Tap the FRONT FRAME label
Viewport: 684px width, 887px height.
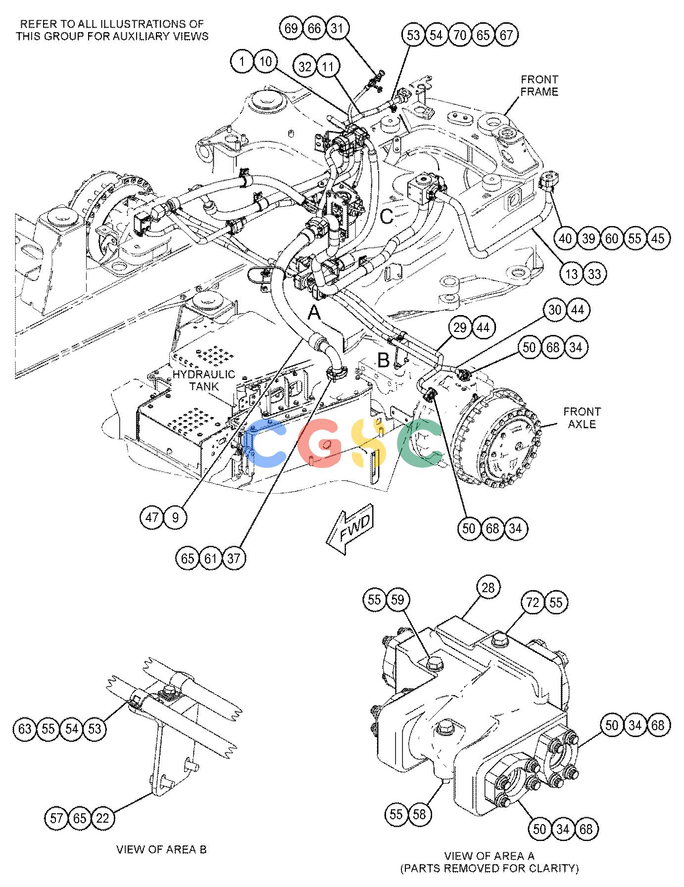pyautogui.click(x=539, y=86)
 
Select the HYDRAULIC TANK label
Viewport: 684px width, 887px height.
pyautogui.click(x=203, y=380)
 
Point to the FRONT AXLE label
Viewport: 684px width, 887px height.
pyautogui.click(x=582, y=418)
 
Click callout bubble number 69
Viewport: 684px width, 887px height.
pyautogui.click(x=292, y=28)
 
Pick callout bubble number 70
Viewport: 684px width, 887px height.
pyautogui.click(x=460, y=35)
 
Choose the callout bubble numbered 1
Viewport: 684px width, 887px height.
pyautogui.click(x=242, y=62)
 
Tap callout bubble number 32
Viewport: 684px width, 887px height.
pyautogui.click(x=305, y=66)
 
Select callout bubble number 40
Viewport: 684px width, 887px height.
pyautogui.click(x=565, y=238)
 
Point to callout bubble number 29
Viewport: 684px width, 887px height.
pyautogui.click(x=460, y=328)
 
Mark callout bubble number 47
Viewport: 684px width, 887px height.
pyautogui.click(x=152, y=517)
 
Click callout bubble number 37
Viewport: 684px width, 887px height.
pyautogui.click(x=234, y=559)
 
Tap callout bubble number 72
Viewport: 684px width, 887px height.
pyautogui.click(x=533, y=603)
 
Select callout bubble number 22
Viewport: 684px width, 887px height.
pyautogui.click(x=102, y=818)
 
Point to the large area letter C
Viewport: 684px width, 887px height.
pyautogui.click(x=388, y=216)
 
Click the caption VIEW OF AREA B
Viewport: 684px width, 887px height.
pyautogui.click(x=161, y=849)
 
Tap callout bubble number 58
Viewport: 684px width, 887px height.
pyautogui.click(x=419, y=814)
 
